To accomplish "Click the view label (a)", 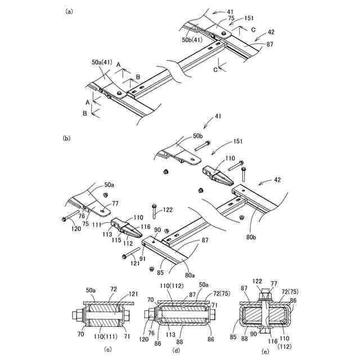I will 69,11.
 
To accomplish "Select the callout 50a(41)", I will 101,63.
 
